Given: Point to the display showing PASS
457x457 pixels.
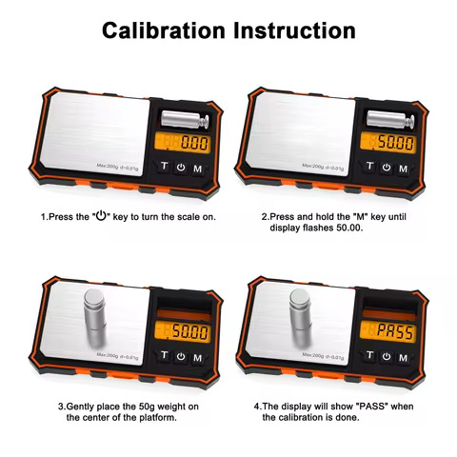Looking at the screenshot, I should pos(392,330).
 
